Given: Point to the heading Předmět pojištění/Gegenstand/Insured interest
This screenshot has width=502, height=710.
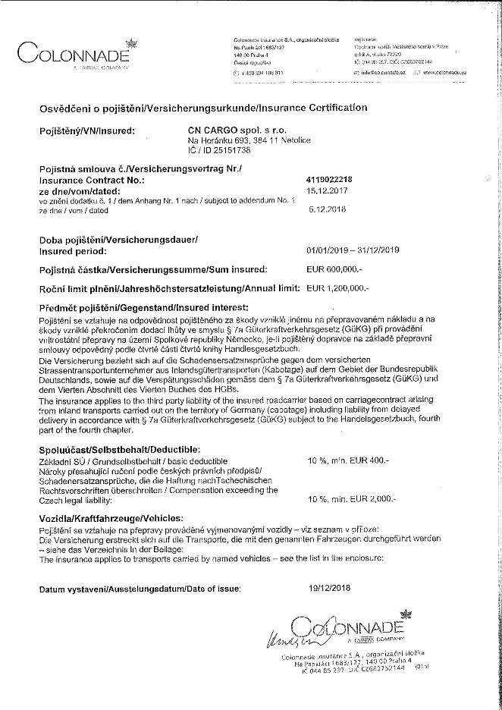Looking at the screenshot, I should point(143,308).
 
